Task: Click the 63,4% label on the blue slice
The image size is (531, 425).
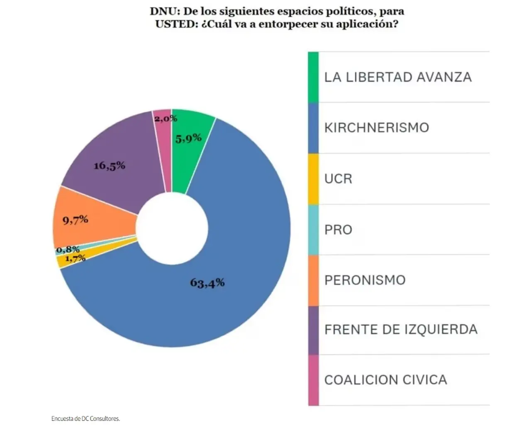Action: click(207, 283)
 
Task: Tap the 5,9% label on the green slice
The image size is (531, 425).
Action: click(188, 138)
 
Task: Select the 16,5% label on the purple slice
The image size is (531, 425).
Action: click(110, 165)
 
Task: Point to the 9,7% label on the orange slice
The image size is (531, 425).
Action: click(75, 220)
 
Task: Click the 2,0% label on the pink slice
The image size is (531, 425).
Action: click(166, 119)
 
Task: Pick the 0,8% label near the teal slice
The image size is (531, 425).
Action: click(68, 250)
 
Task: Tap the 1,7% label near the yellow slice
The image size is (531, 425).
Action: click(75, 258)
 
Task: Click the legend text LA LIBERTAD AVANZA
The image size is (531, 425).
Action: click(398, 77)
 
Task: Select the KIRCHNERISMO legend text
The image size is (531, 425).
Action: click(377, 128)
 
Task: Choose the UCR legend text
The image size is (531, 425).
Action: click(338, 179)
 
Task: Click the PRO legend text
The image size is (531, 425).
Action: click(338, 230)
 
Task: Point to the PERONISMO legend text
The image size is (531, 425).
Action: click(365, 280)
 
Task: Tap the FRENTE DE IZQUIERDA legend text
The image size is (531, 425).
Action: click(401, 329)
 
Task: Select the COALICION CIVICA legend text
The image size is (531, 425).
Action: click(385, 380)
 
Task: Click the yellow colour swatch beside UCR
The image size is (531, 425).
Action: click(313, 179)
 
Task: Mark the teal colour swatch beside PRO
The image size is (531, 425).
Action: click(313, 230)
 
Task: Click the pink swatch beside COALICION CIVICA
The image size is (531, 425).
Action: click(313, 380)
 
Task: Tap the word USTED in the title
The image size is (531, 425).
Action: click(175, 24)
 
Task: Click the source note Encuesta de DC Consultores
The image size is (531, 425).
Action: click(85, 419)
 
